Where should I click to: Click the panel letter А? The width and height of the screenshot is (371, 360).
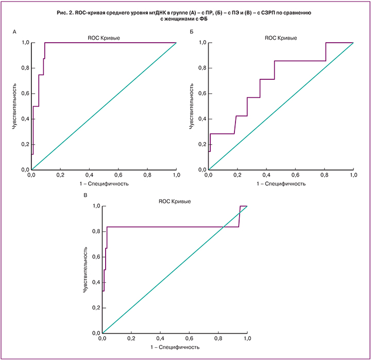pyautogui.click(x=15, y=32)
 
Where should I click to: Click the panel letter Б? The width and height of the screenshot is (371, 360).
pyautogui.click(x=192, y=32)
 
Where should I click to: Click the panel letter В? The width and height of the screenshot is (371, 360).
pyautogui.click(x=86, y=196)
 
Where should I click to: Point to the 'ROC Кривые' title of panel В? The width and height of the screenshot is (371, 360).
pyautogui.click(x=174, y=200)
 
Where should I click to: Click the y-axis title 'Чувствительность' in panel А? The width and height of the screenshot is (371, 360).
pyautogui.click(x=15, y=106)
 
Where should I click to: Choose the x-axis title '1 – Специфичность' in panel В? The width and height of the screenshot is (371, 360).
pyautogui.click(x=174, y=347)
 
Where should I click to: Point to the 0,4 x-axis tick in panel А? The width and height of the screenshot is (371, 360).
pyautogui.click(x=89, y=175)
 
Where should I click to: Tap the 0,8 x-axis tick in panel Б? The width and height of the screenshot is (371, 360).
pyautogui.click(x=324, y=175)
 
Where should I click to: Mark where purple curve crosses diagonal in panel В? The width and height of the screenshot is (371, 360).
pyautogui.click(x=223, y=227)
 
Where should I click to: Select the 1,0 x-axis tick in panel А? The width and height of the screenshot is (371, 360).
pyautogui.click(x=176, y=175)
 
